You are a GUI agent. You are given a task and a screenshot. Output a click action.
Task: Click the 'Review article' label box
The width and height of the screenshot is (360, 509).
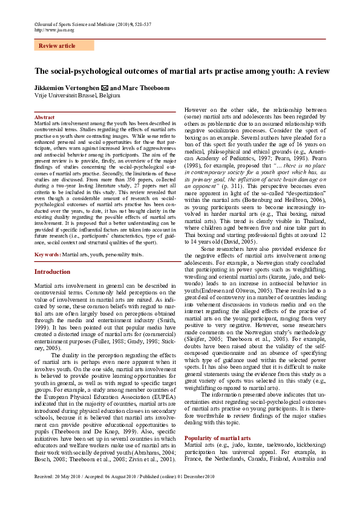[x=57, y=46]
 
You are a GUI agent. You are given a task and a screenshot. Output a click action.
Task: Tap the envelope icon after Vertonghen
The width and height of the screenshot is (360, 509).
[x=103, y=88]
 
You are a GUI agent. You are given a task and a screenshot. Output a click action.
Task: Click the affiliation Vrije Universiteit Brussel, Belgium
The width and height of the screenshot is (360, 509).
[x=77, y=96]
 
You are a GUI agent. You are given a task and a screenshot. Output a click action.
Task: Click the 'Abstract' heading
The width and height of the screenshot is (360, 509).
[x=44, y=117]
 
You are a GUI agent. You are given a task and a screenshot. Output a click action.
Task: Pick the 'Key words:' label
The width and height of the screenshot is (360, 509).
[x=48, y=255]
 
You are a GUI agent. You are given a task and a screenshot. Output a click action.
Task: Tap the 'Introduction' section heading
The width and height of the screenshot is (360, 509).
[x=53, y=272]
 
